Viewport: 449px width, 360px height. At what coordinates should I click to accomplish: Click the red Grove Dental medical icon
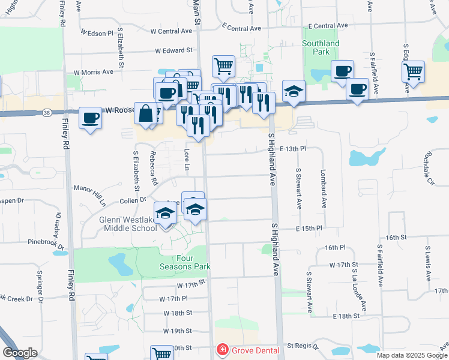[222, 349]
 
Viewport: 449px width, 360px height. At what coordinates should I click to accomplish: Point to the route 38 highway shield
[47, 112]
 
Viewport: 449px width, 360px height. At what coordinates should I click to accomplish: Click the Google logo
[20, 353]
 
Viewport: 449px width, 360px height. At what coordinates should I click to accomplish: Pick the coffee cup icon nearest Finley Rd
[90, 118]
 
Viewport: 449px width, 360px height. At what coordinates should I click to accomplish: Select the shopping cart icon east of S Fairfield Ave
[414, 71]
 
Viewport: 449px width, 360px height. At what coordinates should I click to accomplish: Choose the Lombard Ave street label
[324, 188]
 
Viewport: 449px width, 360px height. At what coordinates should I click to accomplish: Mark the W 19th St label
[178, 331]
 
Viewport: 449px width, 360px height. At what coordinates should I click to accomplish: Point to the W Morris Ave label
[94, 72]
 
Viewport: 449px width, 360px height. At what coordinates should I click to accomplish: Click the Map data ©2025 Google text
[412, 355]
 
